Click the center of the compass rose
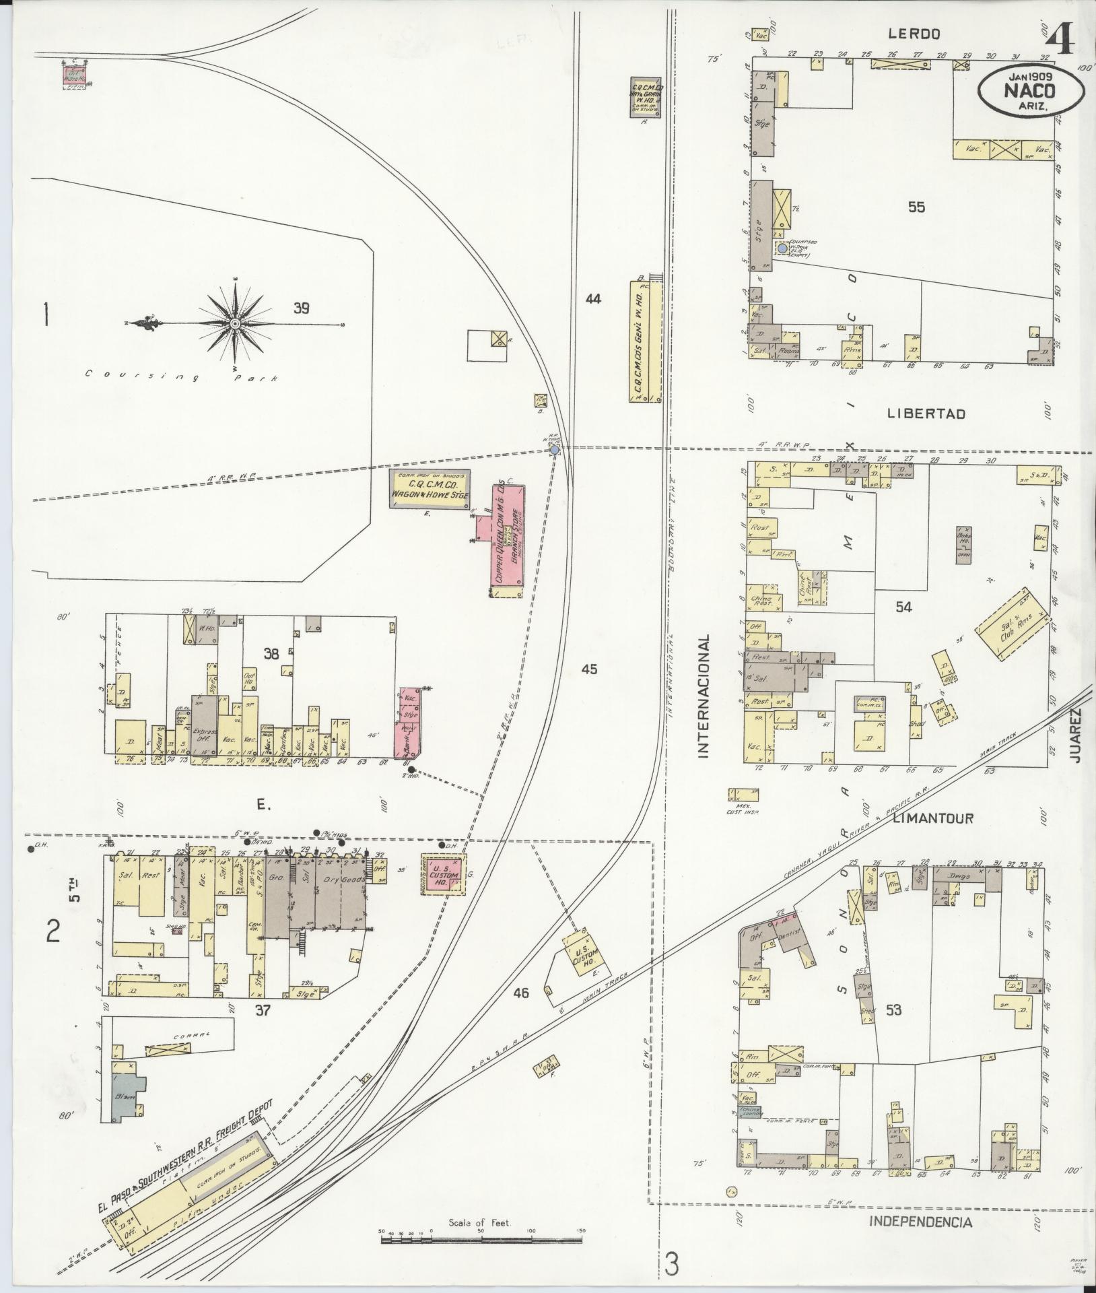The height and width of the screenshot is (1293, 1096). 235,324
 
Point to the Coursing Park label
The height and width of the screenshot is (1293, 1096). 182,375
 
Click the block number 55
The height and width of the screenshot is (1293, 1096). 916,207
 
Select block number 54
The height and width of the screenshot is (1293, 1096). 903,607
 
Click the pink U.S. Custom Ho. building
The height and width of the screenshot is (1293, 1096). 442,874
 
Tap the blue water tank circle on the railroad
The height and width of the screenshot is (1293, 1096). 554,449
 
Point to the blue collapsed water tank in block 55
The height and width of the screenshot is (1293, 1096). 782,248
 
